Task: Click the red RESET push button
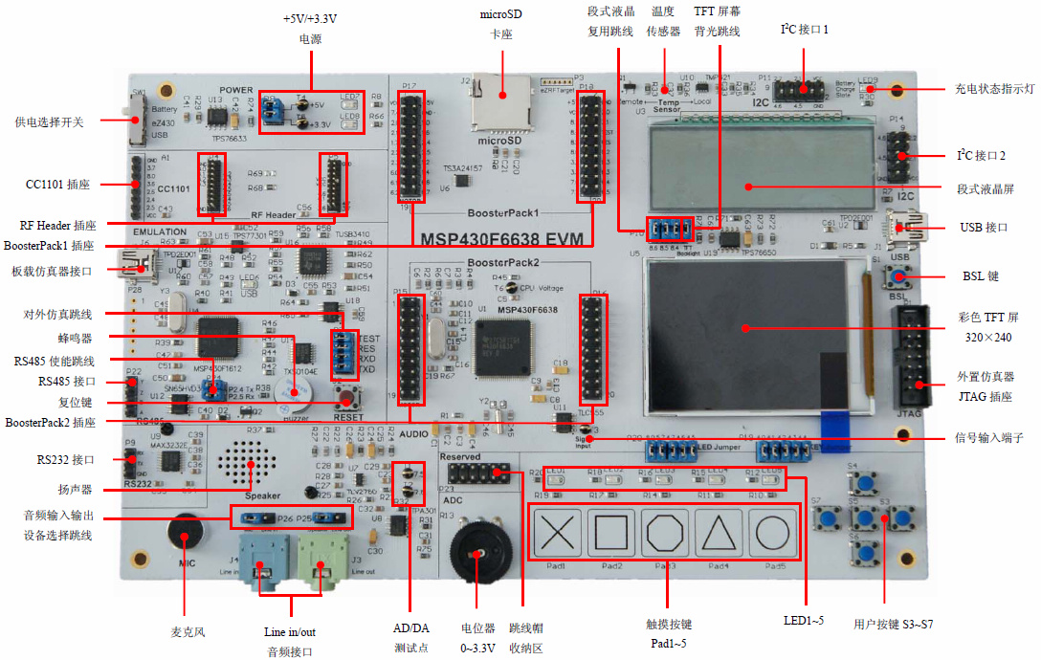[x=345, y=394]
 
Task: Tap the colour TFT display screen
[x=745, y=334]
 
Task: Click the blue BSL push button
[x=897, y=277]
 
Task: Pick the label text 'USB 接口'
[x=985, y=228]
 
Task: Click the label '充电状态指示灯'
[x=995, y=89]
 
